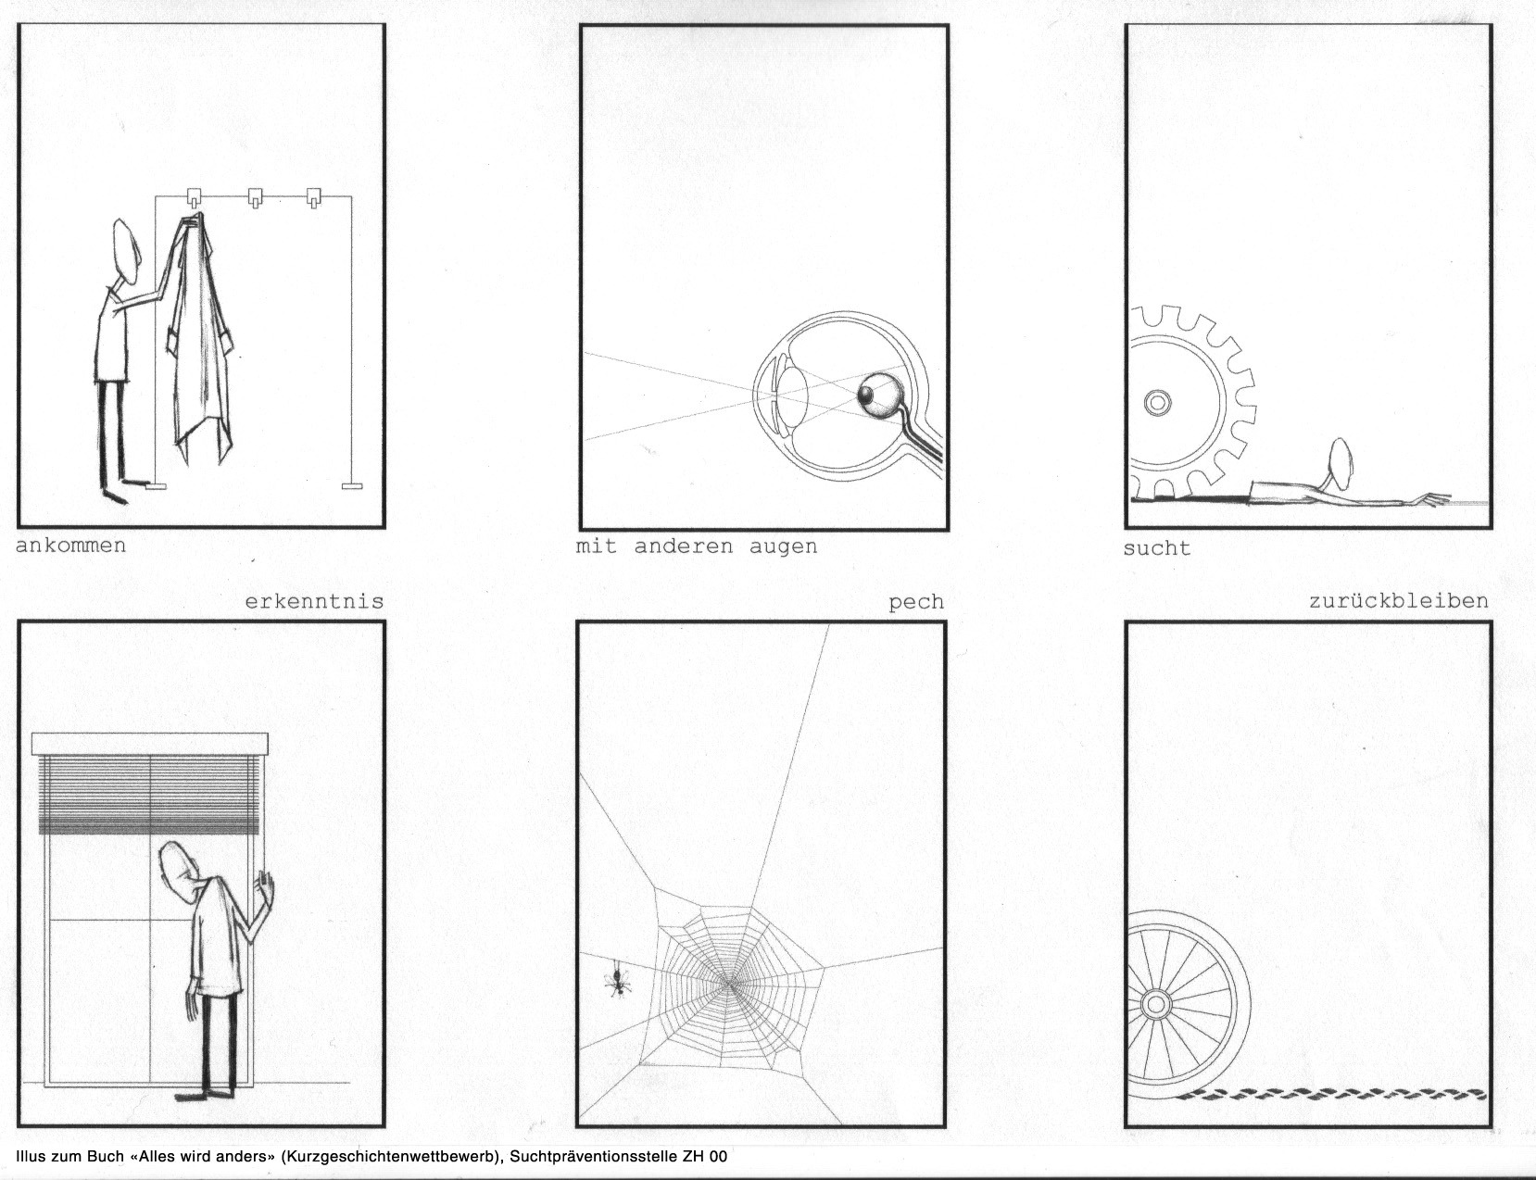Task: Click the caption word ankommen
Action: [70, 546]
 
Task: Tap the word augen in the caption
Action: [783, 547]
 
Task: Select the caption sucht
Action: [1157, 548]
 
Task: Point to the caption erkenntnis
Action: [315, 602]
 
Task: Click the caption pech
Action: [916, 603]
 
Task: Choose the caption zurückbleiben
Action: [1399, 601]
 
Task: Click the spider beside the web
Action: [618, 980]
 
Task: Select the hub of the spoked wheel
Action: [1156, 1004]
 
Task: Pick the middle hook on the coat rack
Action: [255, 197]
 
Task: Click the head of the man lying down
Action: [1341, 463]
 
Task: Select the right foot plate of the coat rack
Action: [352, 486]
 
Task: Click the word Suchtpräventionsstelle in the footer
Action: [594, 1156]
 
